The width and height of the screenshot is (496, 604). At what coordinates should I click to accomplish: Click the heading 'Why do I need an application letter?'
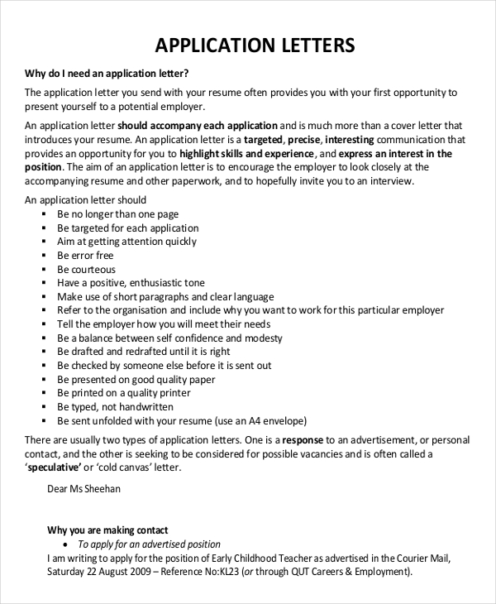click(107, 73)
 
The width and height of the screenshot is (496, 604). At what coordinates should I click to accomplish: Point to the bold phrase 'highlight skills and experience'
click(246, 154)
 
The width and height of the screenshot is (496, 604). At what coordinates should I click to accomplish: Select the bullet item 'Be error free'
click(85, 256)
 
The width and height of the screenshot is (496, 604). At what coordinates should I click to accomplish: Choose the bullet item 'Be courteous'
click(86, 270)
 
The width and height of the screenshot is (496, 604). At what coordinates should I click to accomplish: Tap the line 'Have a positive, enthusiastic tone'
click(131, 283)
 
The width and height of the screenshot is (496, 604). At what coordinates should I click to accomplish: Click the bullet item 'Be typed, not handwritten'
click(115, 407)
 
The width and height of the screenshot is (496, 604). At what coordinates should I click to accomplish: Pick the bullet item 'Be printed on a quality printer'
click(123, 393)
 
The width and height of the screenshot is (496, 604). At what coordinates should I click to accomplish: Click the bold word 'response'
click(303, 440)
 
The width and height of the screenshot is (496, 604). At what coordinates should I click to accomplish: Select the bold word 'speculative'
click(55, 467)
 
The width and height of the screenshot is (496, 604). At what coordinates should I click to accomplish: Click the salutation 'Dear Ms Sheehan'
click(83, 489)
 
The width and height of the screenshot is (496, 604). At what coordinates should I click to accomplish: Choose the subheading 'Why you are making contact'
click(107, 530)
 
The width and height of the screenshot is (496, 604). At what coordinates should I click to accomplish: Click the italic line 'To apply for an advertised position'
click(149, 544)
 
